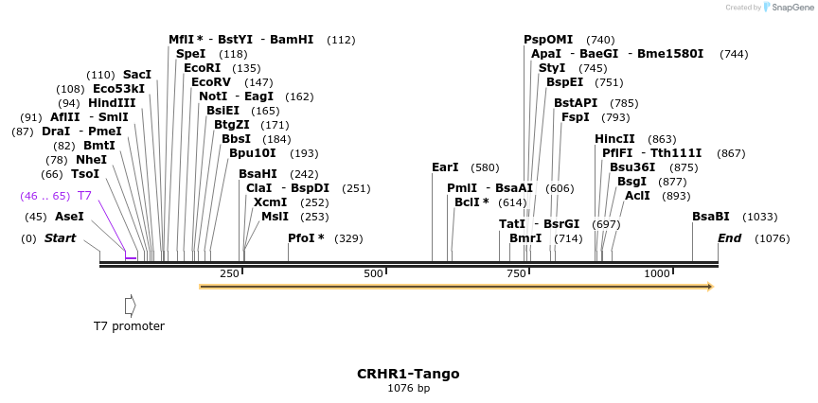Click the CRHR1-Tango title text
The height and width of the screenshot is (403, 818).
click(x=408, y=374)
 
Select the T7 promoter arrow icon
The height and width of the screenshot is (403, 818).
click(x=131, y=306)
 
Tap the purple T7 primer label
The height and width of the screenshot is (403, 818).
click(x=84, y=196)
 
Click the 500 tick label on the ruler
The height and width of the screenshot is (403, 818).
click(x=374, y=273)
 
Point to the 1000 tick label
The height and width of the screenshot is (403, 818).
click(x=656, y=273)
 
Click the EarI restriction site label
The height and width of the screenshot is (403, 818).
click(x=445, y=167)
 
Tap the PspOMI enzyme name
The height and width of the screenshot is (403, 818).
click(x=548, y=40)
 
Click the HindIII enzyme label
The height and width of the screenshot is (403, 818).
click(x=112, y=103)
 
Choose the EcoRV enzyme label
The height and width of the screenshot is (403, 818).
click(x=212, y=82)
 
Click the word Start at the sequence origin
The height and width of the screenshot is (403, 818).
click(x=60, y=238)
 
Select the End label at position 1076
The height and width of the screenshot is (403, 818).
click(x=729, y=238)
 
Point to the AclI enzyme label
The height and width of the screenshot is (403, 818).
click(x=637, y=196)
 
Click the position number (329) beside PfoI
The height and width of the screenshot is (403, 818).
click(x=348, y=238)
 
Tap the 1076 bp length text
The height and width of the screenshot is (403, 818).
click(x=408, y=388)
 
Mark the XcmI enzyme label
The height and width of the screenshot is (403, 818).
click(x=270, y=202)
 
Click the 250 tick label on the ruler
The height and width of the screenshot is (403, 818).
click(x=229, y=273)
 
